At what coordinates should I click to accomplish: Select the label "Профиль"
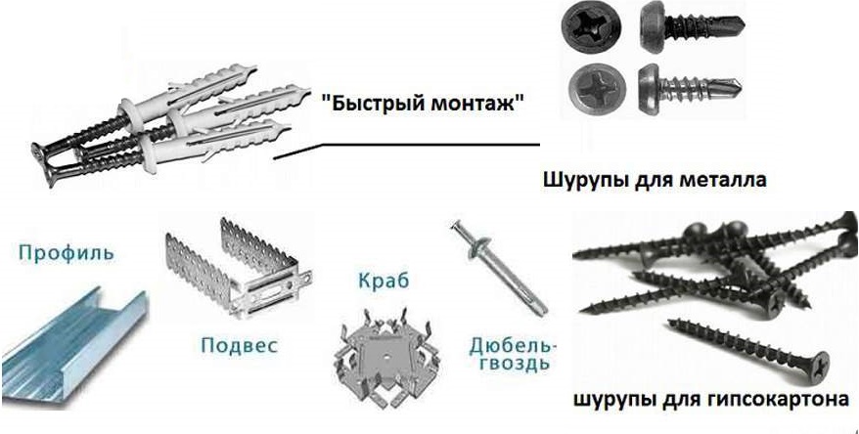coord(67,253)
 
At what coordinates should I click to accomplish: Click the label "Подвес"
coord(240,345)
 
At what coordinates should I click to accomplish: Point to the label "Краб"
coord(384,281)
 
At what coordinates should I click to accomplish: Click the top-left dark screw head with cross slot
coord(590,27)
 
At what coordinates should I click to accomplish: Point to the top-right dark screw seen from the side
coord(692,24)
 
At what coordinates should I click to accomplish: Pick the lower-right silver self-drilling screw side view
coord(689,85)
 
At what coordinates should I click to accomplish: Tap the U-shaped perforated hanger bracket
coord(239,268)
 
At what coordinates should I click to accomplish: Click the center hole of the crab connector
coord(387,354)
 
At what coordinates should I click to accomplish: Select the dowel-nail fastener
coord(499,267)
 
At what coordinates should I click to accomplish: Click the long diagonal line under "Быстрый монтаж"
coord(406,146)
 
